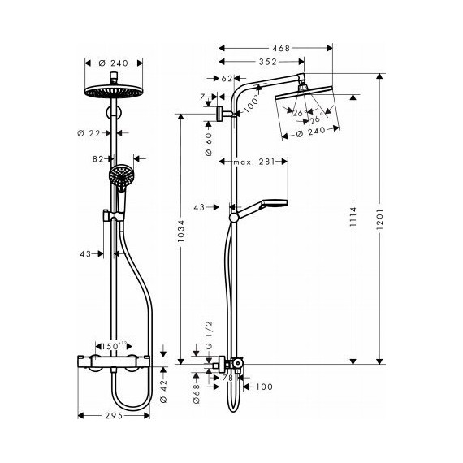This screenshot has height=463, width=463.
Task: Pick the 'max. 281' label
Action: pos(252,162)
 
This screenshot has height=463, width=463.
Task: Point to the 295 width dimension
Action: pos(114,416)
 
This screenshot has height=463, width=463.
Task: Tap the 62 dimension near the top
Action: pos(227,79)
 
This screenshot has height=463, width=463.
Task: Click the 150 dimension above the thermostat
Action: pos(113,346)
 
